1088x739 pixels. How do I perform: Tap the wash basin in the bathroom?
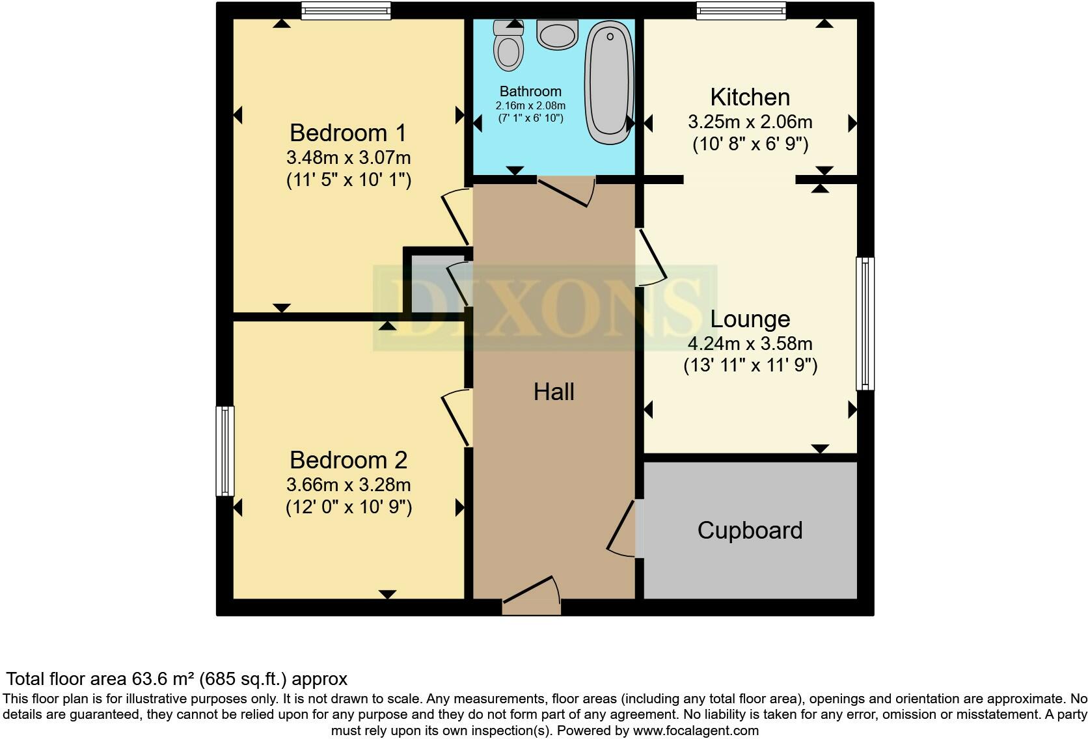558,34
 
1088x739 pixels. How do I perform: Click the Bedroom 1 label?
348,133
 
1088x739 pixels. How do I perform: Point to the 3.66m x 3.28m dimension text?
348,485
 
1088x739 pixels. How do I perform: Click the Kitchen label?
750,97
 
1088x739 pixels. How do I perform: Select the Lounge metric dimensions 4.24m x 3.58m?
750,343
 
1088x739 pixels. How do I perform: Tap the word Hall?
554,392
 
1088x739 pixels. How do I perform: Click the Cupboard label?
750,530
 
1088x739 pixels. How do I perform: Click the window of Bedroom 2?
224,451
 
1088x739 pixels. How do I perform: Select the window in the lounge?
865,323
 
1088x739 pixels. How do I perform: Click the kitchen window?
741,10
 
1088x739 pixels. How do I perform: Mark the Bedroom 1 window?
346,10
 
